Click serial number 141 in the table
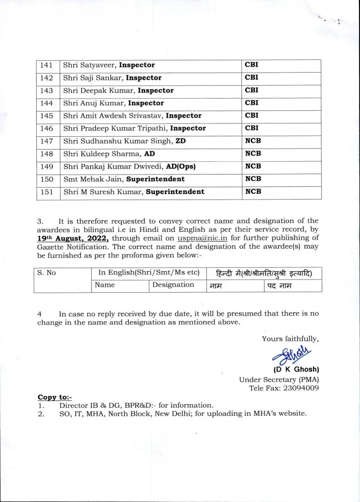point(48,65)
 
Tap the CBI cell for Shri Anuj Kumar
point(252,103)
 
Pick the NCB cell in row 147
point(253,141)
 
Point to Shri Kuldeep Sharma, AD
point(109,154)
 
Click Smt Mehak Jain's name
point(90,179)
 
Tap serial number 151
point(48,192)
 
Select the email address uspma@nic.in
point(200,238)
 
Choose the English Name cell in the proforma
point(105,285)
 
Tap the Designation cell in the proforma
point(173,285)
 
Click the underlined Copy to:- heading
point(54,397)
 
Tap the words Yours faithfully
point(290,339)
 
